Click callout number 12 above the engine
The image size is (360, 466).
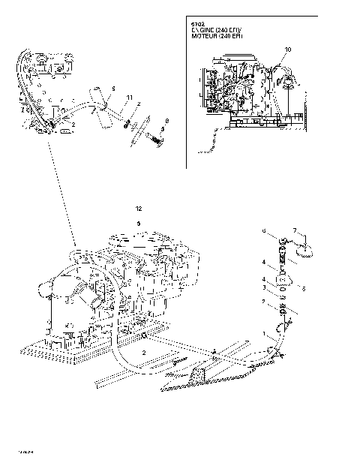click(138, 207)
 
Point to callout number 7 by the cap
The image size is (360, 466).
click(295, 230)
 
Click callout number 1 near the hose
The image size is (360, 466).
click(262, 332)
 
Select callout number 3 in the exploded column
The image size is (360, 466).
click(263, 287)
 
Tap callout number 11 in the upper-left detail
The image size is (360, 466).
click(129, 98)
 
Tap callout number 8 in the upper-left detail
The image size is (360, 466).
click(166, 121)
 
